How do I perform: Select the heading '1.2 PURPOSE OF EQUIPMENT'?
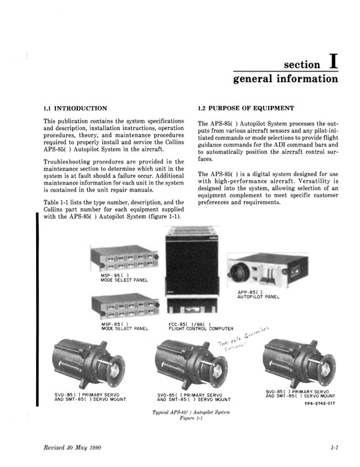point(245,107)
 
